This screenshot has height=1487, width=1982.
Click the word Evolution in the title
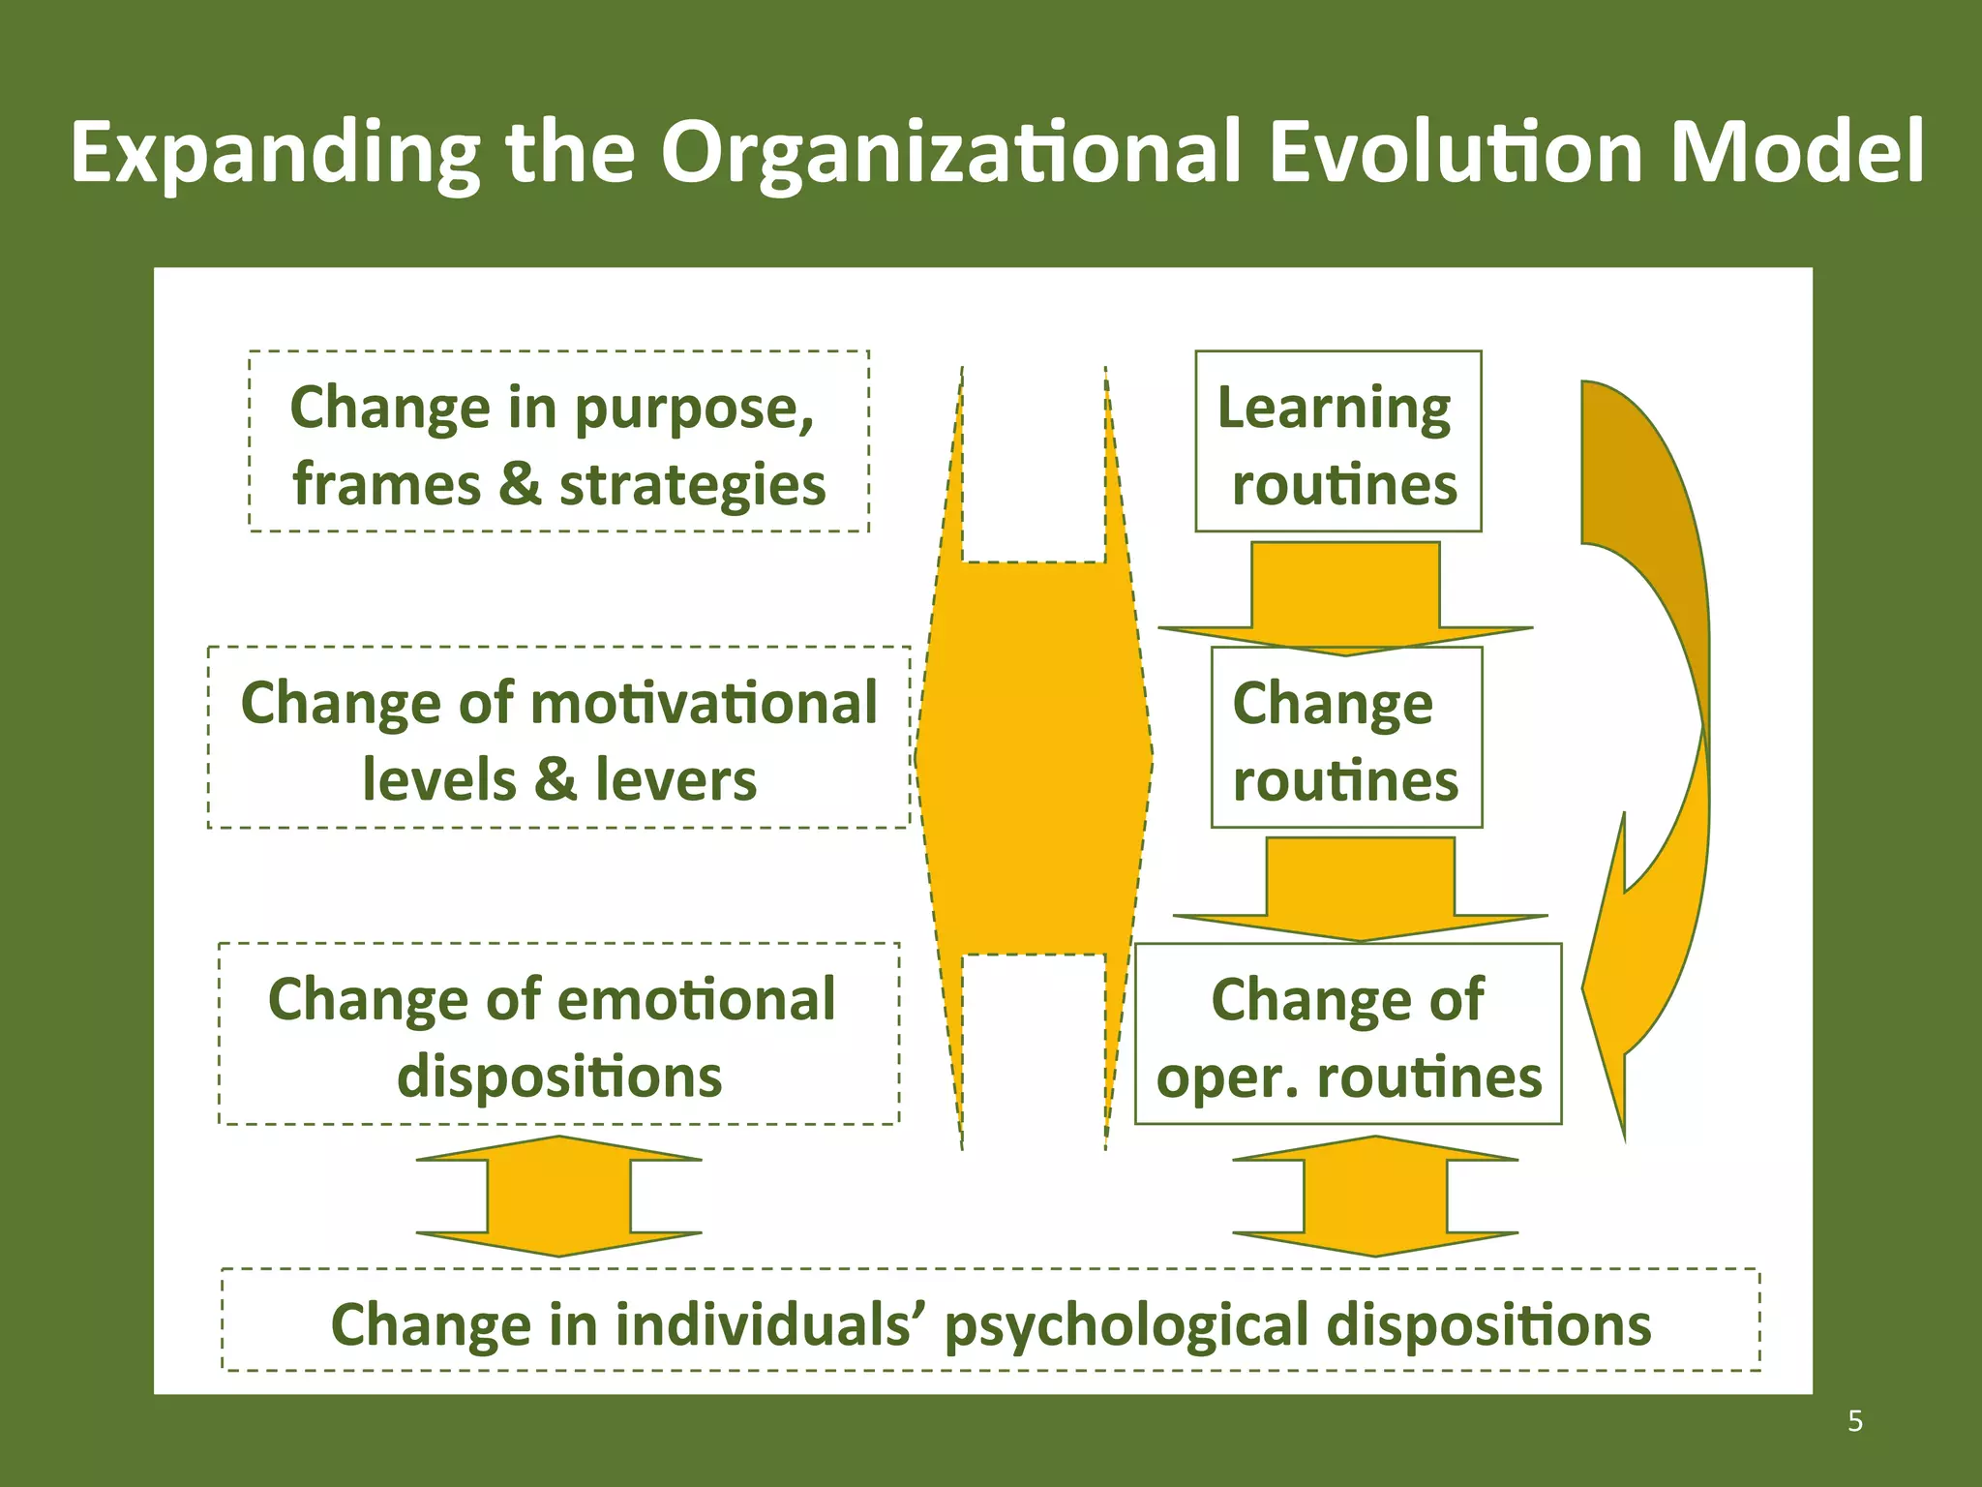[x=1456, y=153]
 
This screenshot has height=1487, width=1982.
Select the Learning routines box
[x=1337, y=441]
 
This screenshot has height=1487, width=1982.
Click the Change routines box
[x=1346, y=738]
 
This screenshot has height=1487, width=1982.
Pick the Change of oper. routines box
[x=1348, y=1034]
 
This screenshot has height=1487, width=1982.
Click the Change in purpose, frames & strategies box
[x=558, y=441]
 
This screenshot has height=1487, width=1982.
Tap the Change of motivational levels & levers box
[x=558, y=738]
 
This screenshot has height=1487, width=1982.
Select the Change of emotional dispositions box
[x=558, y=1034]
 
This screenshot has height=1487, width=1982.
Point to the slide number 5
[x=1854, y=1421]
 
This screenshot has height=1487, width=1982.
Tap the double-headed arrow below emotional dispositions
[x=558, y=1197]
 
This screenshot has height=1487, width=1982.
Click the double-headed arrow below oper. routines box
[x=1375, y=1197]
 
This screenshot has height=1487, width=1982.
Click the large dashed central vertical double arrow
[x=1033, y=757]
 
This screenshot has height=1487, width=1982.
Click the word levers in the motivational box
[x=675, y=780]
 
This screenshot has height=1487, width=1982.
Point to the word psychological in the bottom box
[x=1126, y=1325]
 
